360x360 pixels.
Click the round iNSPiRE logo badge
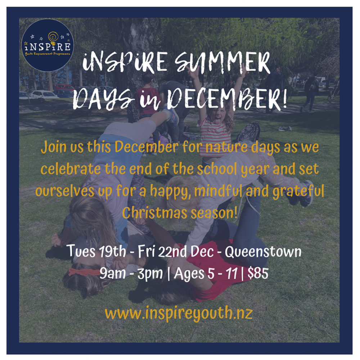click(48, 45)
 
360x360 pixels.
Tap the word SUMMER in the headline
click(222, 63)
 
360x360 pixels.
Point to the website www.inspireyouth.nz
click(179, 313)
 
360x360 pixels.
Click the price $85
click(258, 274)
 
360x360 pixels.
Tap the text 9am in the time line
click(113, 274)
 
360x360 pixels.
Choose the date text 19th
click(112, 252)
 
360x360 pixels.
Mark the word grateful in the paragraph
click(298, 191)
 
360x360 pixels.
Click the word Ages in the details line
click(189, 274)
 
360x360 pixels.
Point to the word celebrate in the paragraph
click(71, 169)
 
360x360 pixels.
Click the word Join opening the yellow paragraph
click(54, 147)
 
